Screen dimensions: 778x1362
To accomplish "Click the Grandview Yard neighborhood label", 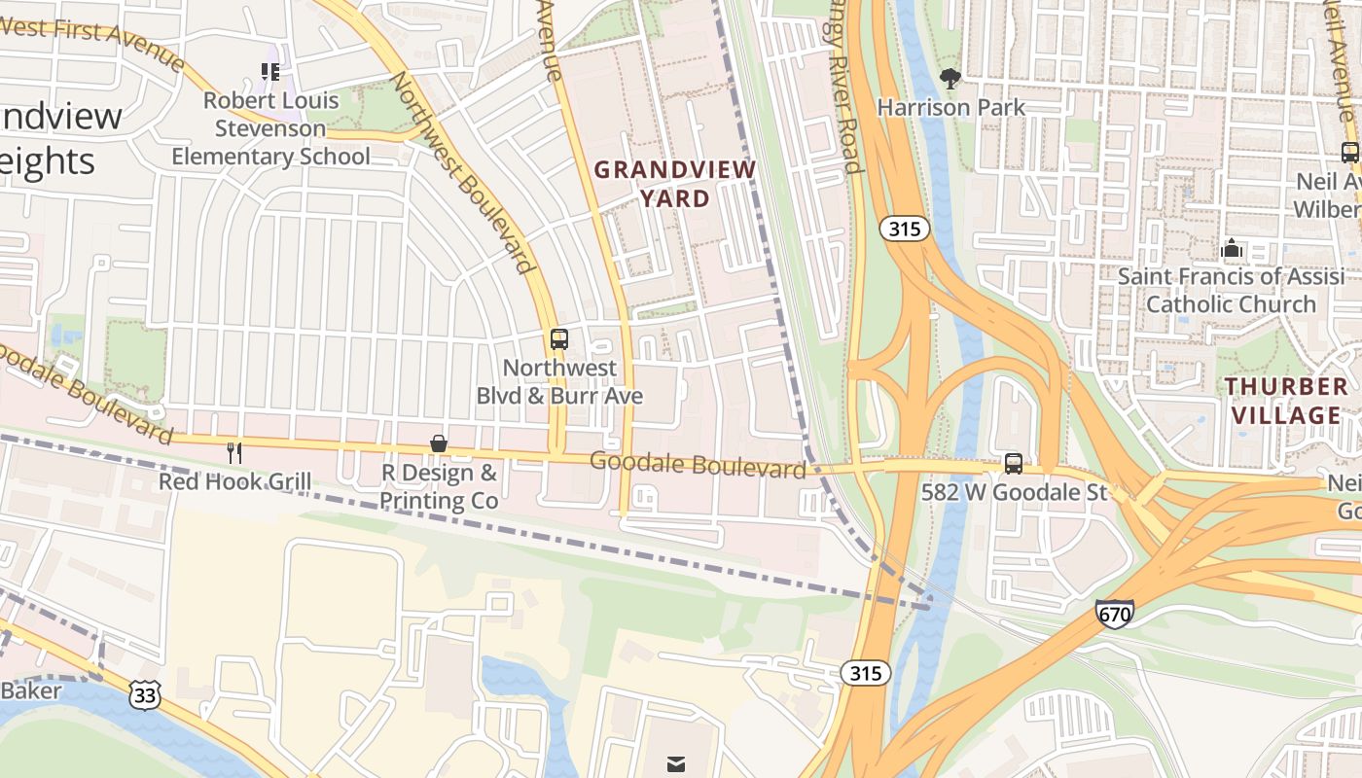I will (675, 184).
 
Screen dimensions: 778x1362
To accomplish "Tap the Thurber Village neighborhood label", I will (1287, 401).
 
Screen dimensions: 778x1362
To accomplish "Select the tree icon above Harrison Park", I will (950, 78).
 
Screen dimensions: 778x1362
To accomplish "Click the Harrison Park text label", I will (950, 107).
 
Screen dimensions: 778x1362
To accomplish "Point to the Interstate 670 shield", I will (1114, 614).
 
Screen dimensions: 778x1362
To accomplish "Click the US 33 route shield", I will (143, 694).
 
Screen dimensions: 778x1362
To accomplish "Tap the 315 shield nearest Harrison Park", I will (905, 230).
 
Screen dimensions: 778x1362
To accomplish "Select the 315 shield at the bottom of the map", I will (865, 673).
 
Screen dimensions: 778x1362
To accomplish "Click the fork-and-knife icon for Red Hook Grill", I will (234, 452).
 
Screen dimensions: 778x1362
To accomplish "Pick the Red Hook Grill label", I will (234, 481).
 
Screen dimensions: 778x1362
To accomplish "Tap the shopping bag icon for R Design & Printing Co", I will (439, 444).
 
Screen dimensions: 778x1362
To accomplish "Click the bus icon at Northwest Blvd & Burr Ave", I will (559, 339).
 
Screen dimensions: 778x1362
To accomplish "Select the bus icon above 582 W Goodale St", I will (1014, 464).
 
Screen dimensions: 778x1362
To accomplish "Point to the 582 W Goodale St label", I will (1014, 492).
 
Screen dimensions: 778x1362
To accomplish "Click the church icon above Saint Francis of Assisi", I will (1232, 249).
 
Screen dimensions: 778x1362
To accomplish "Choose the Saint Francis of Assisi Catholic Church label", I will (1231, 290).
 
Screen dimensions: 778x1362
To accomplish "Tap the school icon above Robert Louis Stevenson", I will (270, 71).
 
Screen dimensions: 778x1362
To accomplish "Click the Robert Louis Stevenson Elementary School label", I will (271, 128).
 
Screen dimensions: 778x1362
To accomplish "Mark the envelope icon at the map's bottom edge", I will (676, 764).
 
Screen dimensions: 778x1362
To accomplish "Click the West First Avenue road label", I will (93, 43).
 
